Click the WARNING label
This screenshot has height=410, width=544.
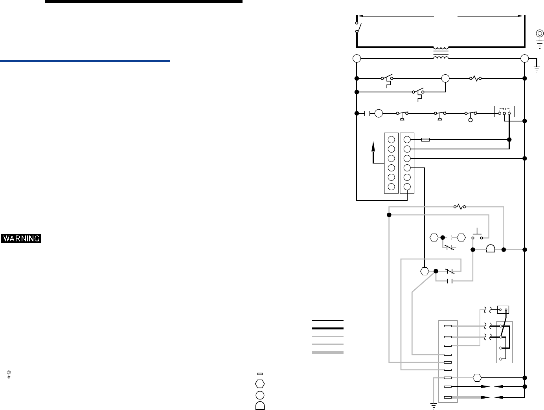[21, 238]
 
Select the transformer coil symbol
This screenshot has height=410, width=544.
[441, 53]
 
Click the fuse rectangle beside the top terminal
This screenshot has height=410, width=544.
[425, 140]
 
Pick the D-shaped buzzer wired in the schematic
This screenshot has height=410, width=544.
[491, 249]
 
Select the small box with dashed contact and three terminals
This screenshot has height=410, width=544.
[504, 112]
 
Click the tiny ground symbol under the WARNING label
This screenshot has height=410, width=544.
[9, 375]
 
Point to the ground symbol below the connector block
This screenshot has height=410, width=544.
[434, 406]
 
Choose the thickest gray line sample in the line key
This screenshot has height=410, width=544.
[327, 352]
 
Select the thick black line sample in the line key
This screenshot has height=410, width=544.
[327, 328]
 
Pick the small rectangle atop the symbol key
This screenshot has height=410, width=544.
[260, 373]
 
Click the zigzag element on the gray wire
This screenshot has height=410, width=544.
[459, 206]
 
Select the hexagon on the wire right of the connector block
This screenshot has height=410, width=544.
[477, 378]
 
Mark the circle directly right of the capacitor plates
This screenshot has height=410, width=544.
[379, 114]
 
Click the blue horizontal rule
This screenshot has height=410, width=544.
[85, 61]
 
